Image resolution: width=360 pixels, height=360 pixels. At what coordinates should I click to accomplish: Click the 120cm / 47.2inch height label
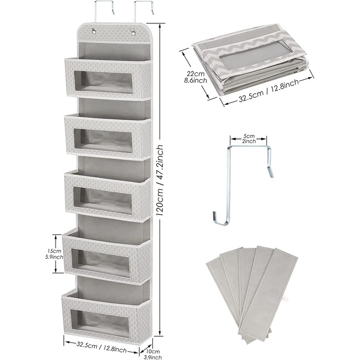[x=160, y=180]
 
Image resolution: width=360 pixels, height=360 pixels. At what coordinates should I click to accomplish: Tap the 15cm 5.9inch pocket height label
[x=55, y=254]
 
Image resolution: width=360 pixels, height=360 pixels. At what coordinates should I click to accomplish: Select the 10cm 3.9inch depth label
[x=153, y=354]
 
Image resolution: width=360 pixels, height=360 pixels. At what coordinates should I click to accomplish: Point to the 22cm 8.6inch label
[x=196, y=77]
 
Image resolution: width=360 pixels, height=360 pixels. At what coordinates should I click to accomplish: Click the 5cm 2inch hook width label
[x=248, y=139]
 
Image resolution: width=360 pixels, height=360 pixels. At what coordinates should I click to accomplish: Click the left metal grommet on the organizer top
[x=94, y=31]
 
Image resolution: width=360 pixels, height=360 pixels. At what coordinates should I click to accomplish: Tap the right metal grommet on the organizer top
[x=133, y=32]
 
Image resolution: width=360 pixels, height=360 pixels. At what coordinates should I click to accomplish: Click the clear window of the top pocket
[x=103, y=82]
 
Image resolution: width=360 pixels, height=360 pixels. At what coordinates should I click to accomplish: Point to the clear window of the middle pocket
[x=103, y=200]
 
